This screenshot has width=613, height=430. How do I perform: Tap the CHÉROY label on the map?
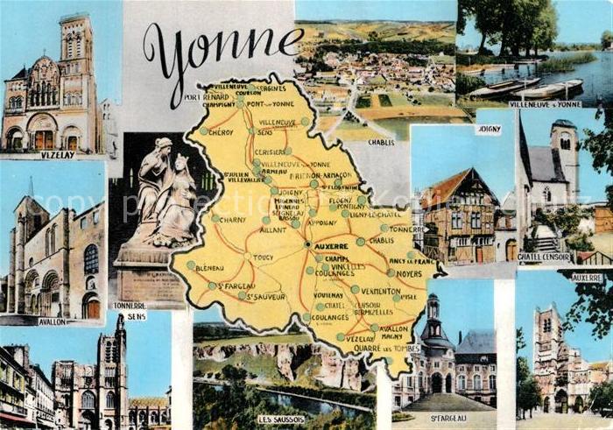pos(222,132)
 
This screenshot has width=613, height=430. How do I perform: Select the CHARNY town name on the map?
pos(233,220)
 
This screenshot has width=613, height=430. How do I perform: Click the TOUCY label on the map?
pos(263,257)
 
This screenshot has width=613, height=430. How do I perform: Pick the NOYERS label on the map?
pos(408,273)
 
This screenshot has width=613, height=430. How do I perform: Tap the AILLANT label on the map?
pos(274,230)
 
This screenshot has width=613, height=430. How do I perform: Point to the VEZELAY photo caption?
pos(56,155)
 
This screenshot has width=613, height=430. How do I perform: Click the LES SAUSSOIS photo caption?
pos(281,419)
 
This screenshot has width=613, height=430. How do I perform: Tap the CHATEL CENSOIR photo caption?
pos(544,257)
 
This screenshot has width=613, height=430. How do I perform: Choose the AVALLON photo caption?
pos(53,321)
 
